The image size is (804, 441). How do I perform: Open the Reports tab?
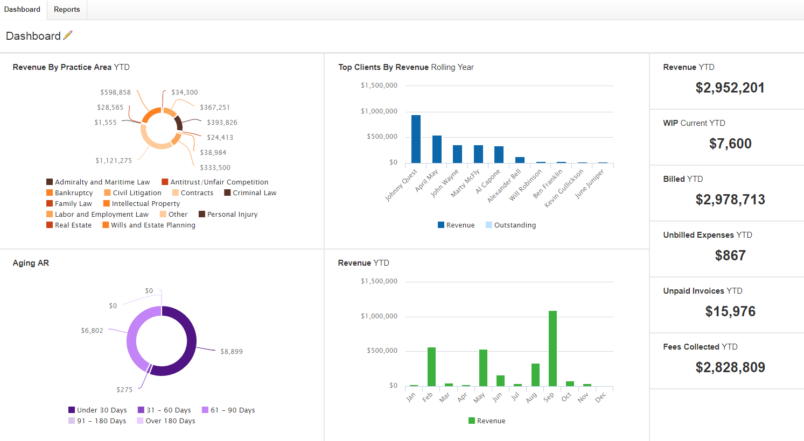pos(67,10)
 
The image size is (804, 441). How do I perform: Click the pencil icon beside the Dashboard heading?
pos(68,35)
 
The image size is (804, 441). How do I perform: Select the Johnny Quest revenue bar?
pos(416,139)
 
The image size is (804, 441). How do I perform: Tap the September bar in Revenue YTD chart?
pos(553,348)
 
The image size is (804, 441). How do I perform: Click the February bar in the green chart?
pos(431,366)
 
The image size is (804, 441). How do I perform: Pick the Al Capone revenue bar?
pos(499,154)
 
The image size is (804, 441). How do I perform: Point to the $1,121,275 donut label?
pos(114,161)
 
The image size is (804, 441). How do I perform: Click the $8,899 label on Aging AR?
pos(232,352)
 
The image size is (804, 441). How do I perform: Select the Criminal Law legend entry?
pos(250,193)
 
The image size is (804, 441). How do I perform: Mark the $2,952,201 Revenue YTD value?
pos(730,88)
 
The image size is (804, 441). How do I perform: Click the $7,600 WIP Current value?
pos(730,144)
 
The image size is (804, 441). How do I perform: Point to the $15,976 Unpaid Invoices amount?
pos(730,311)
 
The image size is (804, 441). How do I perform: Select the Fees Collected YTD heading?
pos(700,347)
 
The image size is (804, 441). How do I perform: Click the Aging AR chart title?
pos(31,263)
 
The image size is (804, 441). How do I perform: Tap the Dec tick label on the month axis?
pos(601,397)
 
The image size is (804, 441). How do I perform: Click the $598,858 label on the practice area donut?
pos(115,93)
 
